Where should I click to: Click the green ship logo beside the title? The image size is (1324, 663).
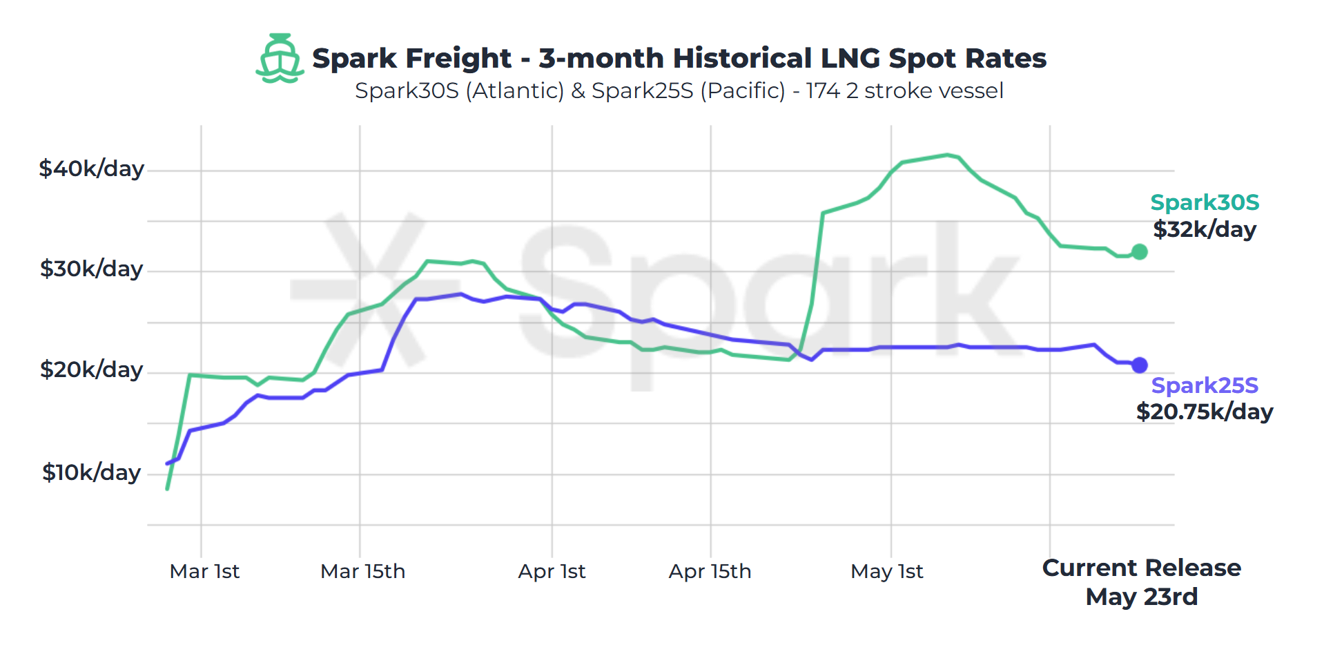pos(280,59)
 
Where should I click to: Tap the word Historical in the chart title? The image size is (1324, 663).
pos(742,59)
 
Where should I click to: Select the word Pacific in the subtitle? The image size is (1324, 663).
pos(743,91)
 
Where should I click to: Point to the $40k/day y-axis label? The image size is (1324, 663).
pos(91,169)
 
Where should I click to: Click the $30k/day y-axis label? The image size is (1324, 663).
pos(91,269)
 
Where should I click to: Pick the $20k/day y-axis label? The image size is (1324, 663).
pos(91,369)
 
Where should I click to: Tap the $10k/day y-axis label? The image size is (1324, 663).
pos(91,472)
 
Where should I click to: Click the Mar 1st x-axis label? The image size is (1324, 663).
pos(204,572)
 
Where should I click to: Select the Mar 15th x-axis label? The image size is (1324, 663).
pos(362,572)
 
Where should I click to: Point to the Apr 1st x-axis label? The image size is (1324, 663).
pos(552,572)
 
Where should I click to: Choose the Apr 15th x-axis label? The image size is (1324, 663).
pos(710,572)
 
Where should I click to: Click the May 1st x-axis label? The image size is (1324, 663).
pos(886,572)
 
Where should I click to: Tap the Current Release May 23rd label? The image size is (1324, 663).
pos(1141,582)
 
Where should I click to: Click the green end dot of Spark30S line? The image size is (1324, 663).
pos(1140,252)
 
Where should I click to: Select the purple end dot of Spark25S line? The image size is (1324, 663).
pos(1140,365)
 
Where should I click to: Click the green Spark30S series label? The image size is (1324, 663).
pos(1205,202)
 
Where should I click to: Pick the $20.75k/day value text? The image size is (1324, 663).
pos(1205,412)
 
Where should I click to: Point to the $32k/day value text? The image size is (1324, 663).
pos(1205,229)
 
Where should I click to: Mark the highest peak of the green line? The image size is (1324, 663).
pos(948,155)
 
